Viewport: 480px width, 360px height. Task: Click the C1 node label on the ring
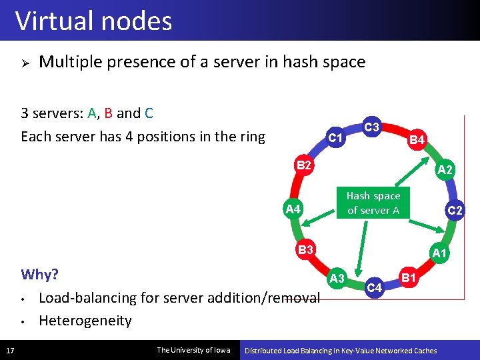pyautogui.click(x=336, y=138)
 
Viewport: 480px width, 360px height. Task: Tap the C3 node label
pyautogui.click(x=372, y=127)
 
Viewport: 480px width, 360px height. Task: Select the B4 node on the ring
pyautogui.click(x=417, y=140)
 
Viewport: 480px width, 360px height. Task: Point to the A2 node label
pyautogui.click(x=445, y=170)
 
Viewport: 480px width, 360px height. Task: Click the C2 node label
pyautogui.click(x=455, y=211)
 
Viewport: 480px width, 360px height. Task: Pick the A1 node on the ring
pyautogui.click(x=439, y=253)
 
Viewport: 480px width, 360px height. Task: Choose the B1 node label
pyautogui.click(x=408, y=277)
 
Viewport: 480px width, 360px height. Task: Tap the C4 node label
pyautogui.click(x=375, y=288)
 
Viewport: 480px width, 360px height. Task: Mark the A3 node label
pyautogui.click(x=337, y=277)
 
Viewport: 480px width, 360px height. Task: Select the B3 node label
pyautogui.click(x=306, y=250)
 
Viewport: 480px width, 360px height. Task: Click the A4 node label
pyautogui.click(x=293, y=209)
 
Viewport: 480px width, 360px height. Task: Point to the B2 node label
pyautogui.click(x=304, y=165)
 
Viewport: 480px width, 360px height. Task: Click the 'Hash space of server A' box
pyautogui.click(x=373, y=203)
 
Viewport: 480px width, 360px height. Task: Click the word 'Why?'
pyautogui.click(x=40, y=275)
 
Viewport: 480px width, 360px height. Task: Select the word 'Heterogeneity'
pyautogui.click(x=85, y=321)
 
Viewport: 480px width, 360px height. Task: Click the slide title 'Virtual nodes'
pyautogui.click(x=93, y=21)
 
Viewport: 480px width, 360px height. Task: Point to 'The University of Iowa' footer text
pyautogui.click(x=193, y=350)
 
